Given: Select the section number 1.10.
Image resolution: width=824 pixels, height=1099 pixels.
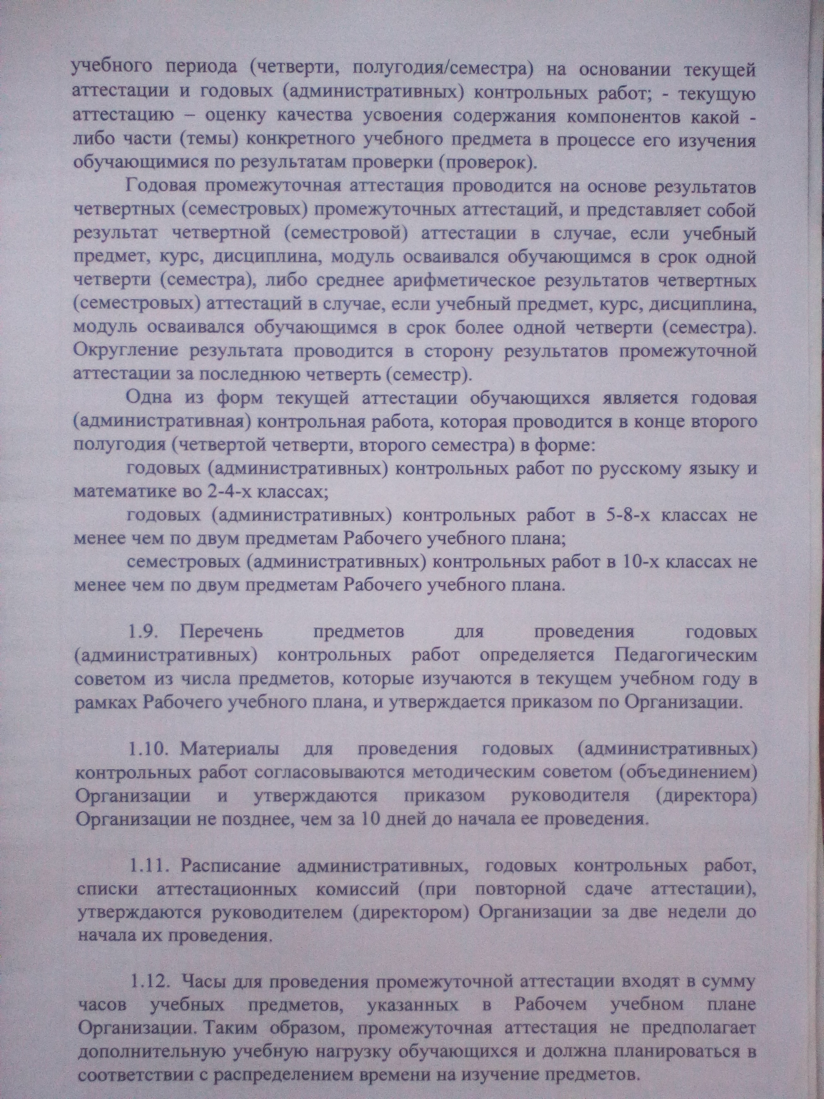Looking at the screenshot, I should point(148,749).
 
